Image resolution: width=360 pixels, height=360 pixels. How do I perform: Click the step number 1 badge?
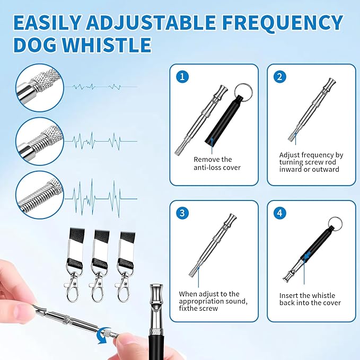183,76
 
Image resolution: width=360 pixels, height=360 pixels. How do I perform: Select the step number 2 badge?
279,76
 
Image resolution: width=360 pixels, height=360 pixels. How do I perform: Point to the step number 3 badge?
183,213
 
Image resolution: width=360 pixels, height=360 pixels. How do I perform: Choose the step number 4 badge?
279,213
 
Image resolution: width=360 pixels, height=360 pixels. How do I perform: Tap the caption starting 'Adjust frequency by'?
311,162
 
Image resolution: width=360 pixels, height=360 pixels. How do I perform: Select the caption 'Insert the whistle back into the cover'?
310,299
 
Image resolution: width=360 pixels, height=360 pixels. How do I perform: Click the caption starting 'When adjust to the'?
209,301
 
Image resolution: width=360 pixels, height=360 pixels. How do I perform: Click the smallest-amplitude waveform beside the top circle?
101,86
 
